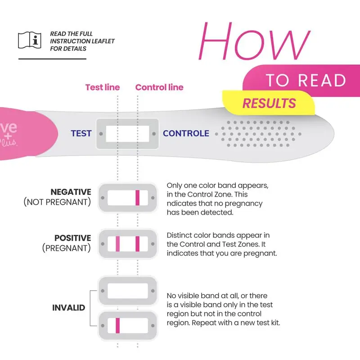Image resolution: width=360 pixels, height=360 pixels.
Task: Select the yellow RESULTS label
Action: click(x=269, y=103)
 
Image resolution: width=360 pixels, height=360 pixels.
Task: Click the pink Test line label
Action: click(x=103, y=87)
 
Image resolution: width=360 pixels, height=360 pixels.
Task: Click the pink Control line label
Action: click(x=159, y=87)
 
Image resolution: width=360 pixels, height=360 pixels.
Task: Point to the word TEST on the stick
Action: click(x=81, y=134)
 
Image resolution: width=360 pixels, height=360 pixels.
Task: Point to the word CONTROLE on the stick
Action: click(x=186, y=134)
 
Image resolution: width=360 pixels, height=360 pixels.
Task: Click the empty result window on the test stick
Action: click(x=127, y=134)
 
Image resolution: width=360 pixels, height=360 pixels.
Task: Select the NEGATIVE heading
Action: click(x=71, y=192)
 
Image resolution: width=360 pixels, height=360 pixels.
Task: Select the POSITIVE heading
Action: click(x=72, y=238)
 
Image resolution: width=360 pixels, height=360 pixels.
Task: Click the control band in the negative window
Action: click(x=138, y=198)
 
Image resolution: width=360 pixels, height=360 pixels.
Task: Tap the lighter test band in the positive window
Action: click(x=117, y=244)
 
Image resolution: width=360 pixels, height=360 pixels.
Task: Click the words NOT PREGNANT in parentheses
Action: click(x=57, y=202)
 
